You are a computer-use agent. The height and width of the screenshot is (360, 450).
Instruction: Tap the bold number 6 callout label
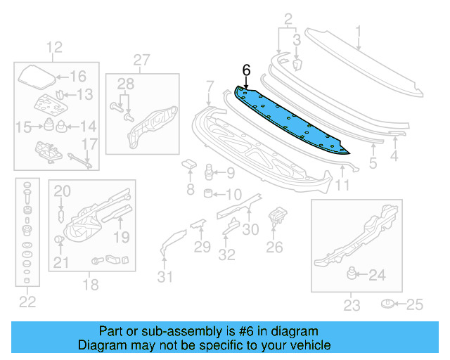[x=246, y=70]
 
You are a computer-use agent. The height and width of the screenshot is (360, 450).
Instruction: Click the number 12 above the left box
[x=54, y=48]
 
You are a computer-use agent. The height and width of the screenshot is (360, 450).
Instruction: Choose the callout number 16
[x=77, y=77]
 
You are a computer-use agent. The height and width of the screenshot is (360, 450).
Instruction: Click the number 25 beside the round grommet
[x=416, y=304]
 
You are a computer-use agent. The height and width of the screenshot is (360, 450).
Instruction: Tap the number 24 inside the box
[x=377, y=276]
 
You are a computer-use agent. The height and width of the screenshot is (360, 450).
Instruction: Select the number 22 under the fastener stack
[x=27, y=302]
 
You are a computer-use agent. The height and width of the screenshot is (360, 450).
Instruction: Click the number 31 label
[x=164, y=277]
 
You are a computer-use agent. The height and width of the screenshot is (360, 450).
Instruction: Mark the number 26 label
[x=274, y=246]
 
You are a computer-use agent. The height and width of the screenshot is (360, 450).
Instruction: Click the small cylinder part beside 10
[x=209, y=193]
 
